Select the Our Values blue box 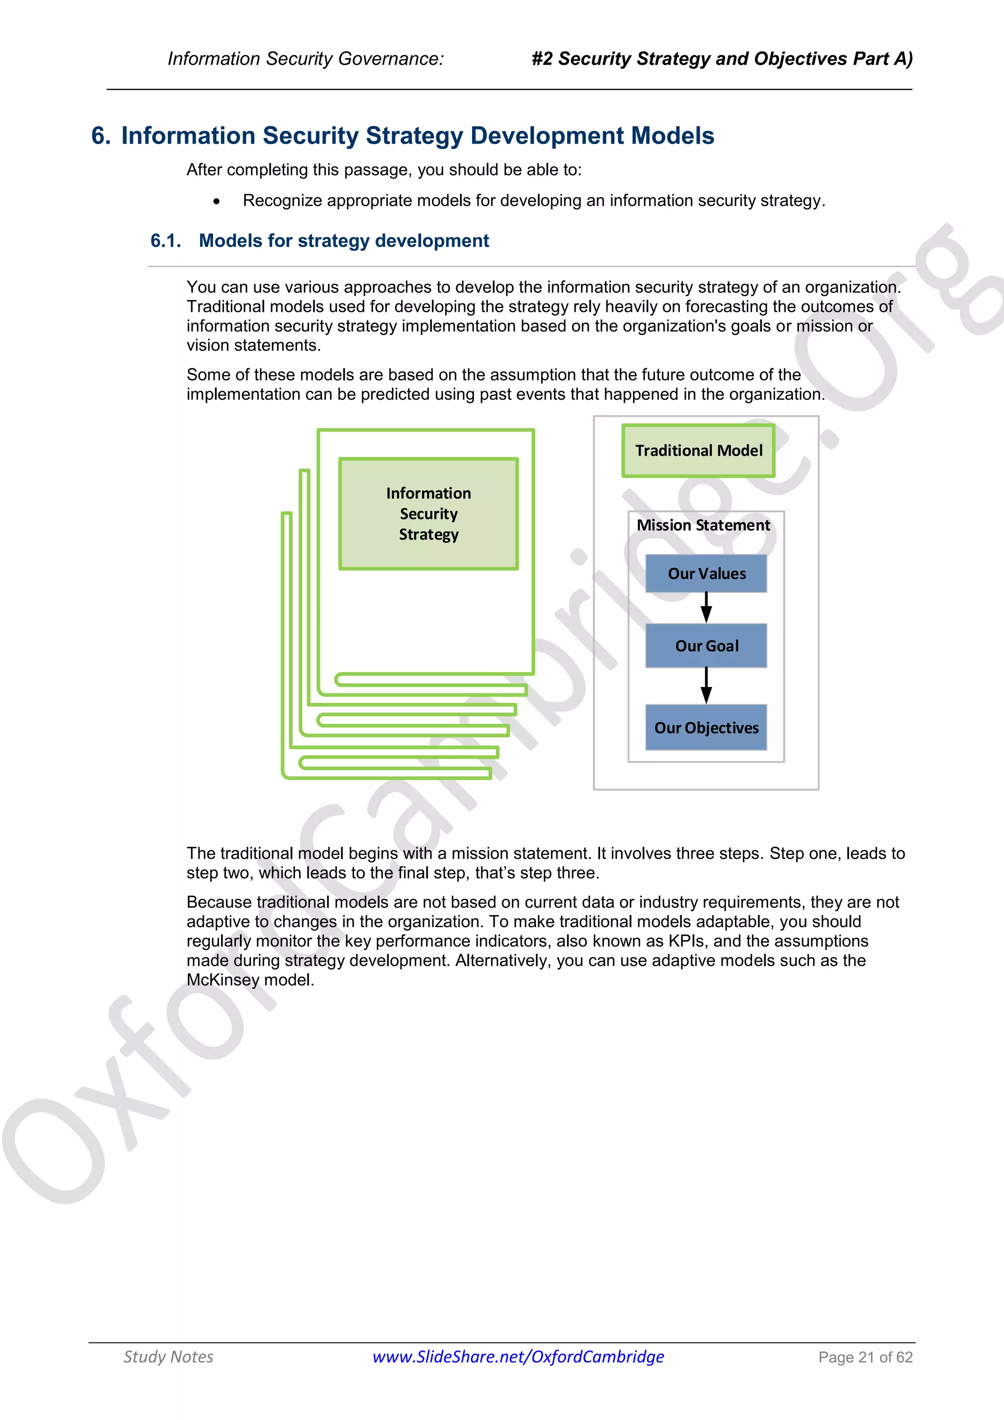(706, 573)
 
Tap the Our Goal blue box (706, 646)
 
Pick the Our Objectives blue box (706, 727)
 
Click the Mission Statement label (703, 525)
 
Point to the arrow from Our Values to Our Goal (706, 608)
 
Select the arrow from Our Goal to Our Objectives (706, 685)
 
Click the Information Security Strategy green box (428, 513)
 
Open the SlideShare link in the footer (518, 1356)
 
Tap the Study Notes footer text (168, 1356)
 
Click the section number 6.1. (166, 241)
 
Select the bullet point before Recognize (216, 201)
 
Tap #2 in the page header (542, 59)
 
